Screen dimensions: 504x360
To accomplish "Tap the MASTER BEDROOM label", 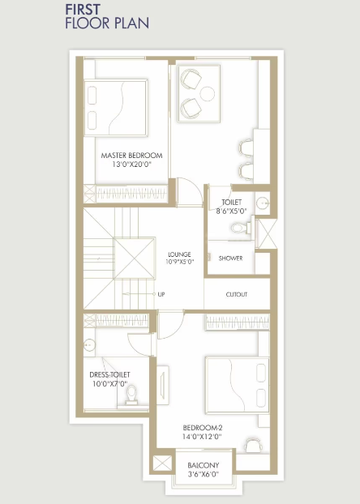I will tap(132, 155).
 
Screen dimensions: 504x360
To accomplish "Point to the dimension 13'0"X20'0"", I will tap(132, 164).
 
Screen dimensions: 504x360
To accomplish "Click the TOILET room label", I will tap(221, 203).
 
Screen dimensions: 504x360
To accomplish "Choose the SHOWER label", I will tap(230, 258).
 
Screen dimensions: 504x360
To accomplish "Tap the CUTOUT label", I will tap(236, 294).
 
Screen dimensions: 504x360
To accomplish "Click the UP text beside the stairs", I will tap(161, 294).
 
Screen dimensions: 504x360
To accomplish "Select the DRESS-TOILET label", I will tap(109, 374).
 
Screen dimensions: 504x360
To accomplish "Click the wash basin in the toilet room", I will tap(262, 203).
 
